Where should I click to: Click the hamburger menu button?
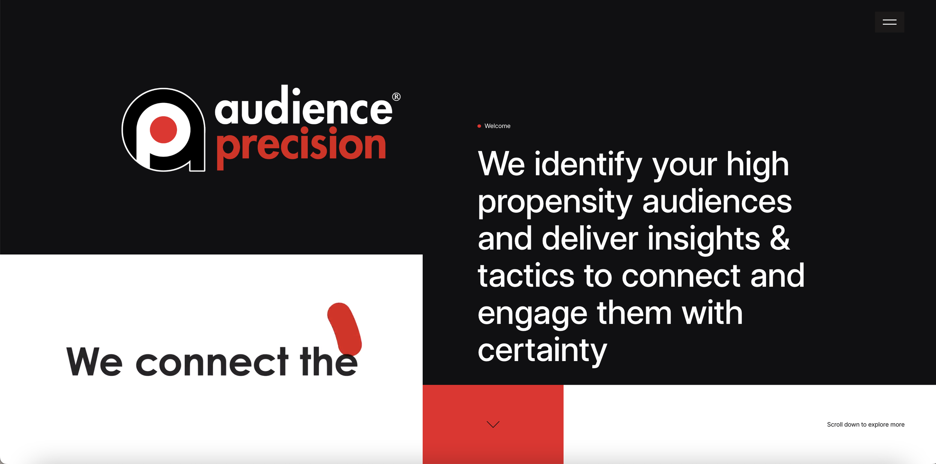pyautogui.click(x=889, y=22)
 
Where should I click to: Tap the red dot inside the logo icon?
pyautogui.click(x=163, y=130)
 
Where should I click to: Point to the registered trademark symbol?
pyautogui.click(x=396, y=97)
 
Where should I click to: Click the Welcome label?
pyautogui.click(x=497, y=126)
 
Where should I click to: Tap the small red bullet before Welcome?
pyautogui.click(x=479, y=126)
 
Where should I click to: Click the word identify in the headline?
pyautogui.click(x=588, y=165)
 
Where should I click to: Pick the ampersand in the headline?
pyautogui.click(x=780, y=238)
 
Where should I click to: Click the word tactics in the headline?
pyautogui.click(x=526, y=276)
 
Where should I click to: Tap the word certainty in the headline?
pyautogui.click(x=542, y=351)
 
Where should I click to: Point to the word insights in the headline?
pyautogui.click(x=704, y=239)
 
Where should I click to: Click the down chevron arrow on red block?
pyautogui.click(x=493, y=424)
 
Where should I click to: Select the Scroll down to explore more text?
pyautogui.click(x=866, y=424)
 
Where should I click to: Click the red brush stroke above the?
pyautogui.click(x=344, y=327)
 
